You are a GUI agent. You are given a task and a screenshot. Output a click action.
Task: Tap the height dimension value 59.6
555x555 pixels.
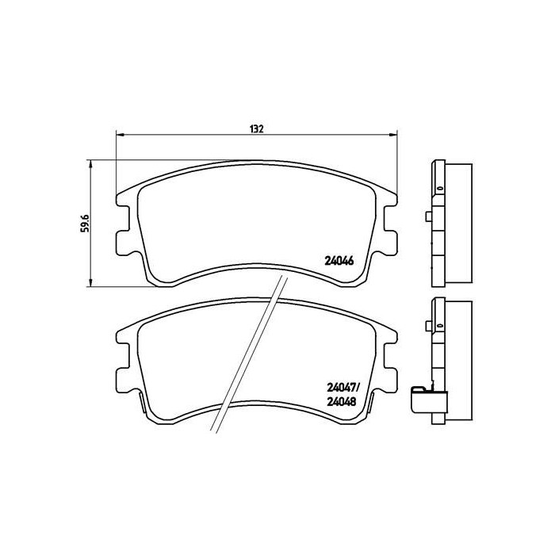click(x=82, y=223)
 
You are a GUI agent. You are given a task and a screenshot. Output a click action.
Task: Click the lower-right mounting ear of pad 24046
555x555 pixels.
click(x=390, y=240)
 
